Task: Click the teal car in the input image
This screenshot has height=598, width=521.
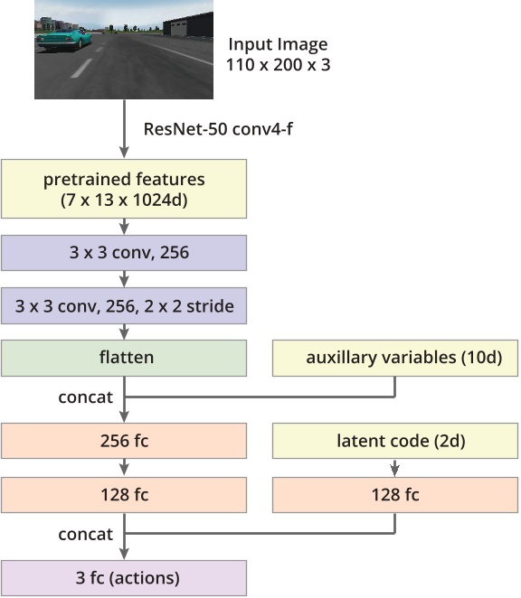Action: [63, 37]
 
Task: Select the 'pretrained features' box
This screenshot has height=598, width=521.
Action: [124, 188]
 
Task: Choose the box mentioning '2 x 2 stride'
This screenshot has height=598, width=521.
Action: [124, 306]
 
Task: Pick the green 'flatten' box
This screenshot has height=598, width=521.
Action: [124, 358]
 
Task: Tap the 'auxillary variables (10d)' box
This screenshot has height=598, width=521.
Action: [396, 358]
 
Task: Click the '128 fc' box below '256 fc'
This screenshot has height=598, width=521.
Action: [124, 495]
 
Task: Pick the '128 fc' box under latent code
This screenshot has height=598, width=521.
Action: [396, 495]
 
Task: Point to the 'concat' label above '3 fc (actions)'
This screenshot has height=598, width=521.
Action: [85, 535]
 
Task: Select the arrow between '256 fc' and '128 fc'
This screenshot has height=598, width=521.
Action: [124, 468]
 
